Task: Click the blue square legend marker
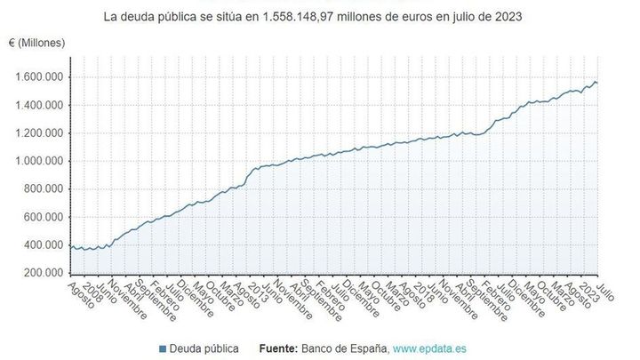point(164,348)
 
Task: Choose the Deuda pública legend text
point(204,348)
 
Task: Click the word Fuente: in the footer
point(283,348)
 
